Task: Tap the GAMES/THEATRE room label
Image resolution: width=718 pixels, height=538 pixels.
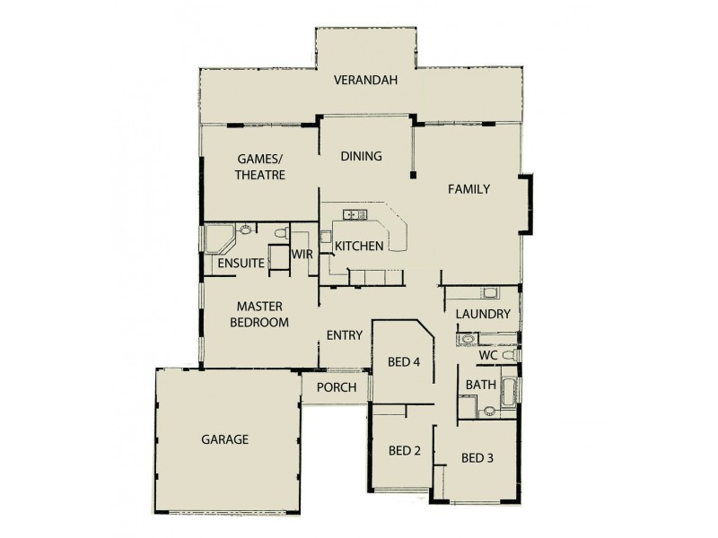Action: tap(260, 167)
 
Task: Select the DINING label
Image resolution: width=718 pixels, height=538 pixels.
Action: tap(361, 156)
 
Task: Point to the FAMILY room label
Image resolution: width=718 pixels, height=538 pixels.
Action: tap(468, 189)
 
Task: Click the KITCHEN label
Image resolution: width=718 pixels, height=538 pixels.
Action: tap(359, 246)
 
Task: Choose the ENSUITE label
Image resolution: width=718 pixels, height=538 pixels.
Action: tap(240, 264)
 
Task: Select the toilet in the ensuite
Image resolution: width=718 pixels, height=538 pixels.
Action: tap(279, 234)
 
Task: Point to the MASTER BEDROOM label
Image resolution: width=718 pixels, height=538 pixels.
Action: tap(259, 314)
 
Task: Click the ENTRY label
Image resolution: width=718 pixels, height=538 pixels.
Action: tap(345, 335)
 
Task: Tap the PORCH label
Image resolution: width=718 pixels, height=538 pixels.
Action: tap(337, 387)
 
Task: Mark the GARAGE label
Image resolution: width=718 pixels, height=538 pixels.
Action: tap(224, 439)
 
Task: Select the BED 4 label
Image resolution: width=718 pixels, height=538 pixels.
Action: tap(403, 362)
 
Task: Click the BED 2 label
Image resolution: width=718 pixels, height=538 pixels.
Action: tap(403, 450)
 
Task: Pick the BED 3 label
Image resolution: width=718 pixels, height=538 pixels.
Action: tap(477, 457)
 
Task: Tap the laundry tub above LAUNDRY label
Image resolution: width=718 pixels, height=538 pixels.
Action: tap(489, 293)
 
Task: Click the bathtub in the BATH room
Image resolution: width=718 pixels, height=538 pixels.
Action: tap(508, 391)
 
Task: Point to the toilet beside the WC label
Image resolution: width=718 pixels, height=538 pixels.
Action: tap(510, 356)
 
